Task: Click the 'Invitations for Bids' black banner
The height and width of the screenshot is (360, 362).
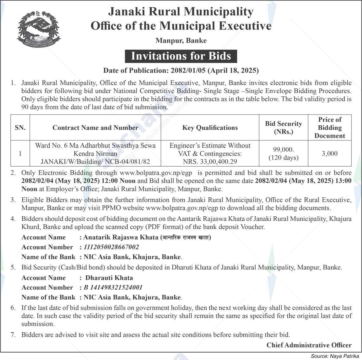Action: click(181, 56)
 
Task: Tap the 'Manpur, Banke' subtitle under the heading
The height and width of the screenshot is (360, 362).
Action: click(181, 41)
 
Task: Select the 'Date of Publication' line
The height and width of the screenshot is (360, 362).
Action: click(181, 71)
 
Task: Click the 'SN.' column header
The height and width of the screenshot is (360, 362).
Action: click(20, 128)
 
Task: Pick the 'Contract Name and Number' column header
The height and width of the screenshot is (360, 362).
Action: click(95, 128)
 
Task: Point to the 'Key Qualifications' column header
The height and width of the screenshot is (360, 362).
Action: click(210, 128)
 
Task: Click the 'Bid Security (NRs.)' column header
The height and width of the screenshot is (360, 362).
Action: click(284, 128)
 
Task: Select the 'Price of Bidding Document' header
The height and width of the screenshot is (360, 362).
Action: click(330, 128)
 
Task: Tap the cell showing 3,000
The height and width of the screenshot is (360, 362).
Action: click(330, 153)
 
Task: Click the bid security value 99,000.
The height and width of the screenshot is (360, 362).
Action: click(284, 149)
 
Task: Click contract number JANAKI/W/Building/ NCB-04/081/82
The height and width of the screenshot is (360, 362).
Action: click(95, 162)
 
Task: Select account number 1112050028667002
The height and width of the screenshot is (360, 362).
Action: click(111, 247)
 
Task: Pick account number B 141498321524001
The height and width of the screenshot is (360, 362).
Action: click(113, 288)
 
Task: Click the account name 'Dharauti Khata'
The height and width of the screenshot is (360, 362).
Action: click(109, 278)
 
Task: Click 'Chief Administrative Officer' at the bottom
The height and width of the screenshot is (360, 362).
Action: click(309, 345)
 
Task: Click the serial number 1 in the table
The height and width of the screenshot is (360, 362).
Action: click(20, 153)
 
